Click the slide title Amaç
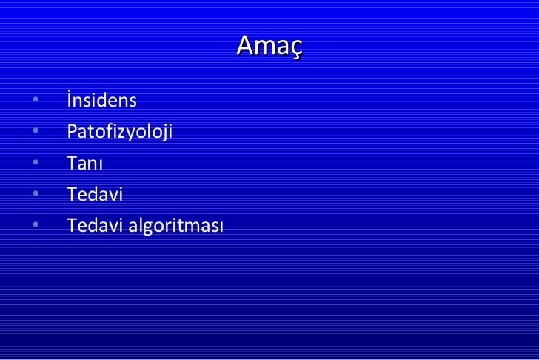[269, 46]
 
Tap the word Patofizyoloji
[118, 133]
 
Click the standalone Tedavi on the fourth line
[95, 195]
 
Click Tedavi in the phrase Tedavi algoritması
[95, 226]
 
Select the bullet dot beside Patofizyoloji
[36, 133]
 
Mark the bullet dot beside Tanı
[36, 164]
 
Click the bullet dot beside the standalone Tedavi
[36, 195]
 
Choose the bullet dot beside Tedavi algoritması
[36, 226]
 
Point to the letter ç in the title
[295, 48]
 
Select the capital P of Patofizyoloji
[71, 132]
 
